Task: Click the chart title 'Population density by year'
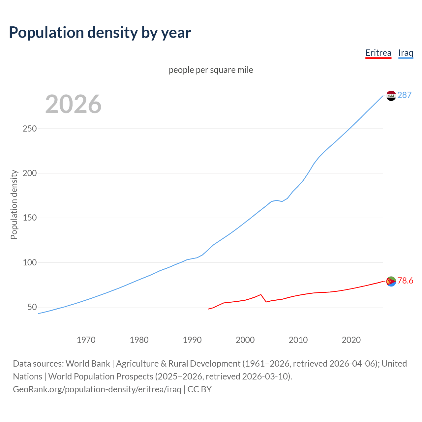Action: pos(100,33)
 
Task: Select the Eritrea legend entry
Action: pos(378,53)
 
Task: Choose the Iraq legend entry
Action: pos(406,53)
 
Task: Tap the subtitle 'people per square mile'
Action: pos(211,70)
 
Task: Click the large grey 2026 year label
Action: pos(73,104)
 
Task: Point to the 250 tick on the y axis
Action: pos(29,129)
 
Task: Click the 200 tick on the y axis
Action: pos(29,173)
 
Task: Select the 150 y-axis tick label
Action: pos(29,218)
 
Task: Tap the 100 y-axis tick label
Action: pos(29,263)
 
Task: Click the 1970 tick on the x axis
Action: pos(86,340)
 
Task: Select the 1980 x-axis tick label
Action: pos(139,340)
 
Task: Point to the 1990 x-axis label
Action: pos(192,340)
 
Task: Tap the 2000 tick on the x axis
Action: pos(245,340)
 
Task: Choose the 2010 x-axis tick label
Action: pos(298,340)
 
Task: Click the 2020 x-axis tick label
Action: pos(351,340)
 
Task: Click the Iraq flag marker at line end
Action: pos(391,96)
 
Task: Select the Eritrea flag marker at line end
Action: pos(391,281)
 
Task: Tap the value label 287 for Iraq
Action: pos(405,95)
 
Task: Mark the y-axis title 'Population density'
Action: pos(14,204)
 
